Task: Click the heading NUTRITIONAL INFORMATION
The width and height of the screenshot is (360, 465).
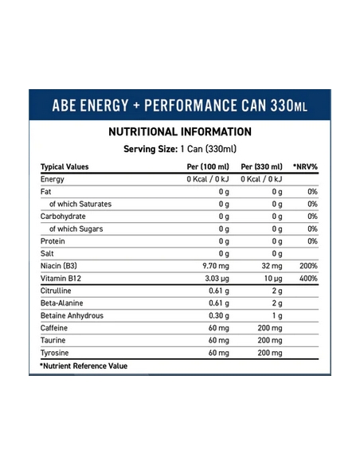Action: [180, 131]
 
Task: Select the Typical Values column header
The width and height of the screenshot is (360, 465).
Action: [65, 166]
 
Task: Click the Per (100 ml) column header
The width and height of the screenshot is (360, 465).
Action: [208, 166]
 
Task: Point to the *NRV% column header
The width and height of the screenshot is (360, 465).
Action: [305, 166]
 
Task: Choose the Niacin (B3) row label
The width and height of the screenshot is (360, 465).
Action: [59, 266]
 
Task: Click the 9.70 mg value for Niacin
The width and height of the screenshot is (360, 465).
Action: [216, 266]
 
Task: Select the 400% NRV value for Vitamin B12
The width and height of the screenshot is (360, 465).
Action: [308, 278]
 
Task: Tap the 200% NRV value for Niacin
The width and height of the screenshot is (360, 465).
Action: [308, 266]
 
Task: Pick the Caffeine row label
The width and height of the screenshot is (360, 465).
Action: [54, 328]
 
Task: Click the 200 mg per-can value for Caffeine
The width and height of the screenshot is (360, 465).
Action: [270, 328]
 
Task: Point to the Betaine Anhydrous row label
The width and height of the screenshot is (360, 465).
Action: [72, 315]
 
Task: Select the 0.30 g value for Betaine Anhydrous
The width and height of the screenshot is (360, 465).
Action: [219, 315]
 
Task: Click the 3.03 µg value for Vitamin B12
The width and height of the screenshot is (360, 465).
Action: [217, 279]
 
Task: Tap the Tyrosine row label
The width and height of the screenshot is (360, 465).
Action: [55, 353]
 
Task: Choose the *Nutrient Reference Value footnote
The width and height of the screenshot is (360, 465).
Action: [84, 366]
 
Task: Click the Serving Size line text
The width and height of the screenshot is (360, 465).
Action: [180, 149]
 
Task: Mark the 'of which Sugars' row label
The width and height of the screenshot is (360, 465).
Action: [76, 229]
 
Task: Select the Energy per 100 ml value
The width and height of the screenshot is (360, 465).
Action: [208, 179]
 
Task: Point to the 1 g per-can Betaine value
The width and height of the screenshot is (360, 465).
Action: [277, 315]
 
